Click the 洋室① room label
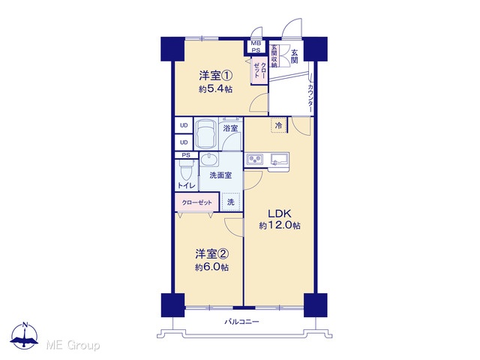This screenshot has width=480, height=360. pyautogui.click(x=216, y=76)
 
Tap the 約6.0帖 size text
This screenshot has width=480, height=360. pyautogui.click(x=212, y=267)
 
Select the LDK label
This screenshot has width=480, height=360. pyautogui.click(x=279, y=213)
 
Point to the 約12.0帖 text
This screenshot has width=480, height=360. pyautogui.click(x=280, y=226)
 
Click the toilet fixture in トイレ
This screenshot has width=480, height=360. pyautogui.click(x=186, y=170)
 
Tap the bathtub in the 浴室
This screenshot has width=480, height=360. pyautogui.click(x=205, y=133)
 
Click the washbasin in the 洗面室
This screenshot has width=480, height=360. pyautogui.click(x=209, y=160)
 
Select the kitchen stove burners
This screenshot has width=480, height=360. pyautogui.click(x=255, y=159)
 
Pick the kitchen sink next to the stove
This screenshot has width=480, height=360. pyautogui.click(x=279, y=160)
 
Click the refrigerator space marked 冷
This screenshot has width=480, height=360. pyautogui.click(x=278, y=125)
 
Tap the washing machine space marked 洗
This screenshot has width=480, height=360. pyautogui.click(x=231, y=202)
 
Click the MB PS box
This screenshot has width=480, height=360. pyautogui.click(x=256, y=46)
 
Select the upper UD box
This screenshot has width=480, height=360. pyautogui.click(x=184, y=125)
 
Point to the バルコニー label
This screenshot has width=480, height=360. pyautogui.click(x=241, y=322)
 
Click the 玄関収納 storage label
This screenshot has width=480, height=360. pyautogui.click(x=274, y=56)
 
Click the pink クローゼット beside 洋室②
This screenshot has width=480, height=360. pyautogui.click(x=197, y=202)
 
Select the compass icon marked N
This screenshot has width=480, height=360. pyautogui.click(x=25, y=335)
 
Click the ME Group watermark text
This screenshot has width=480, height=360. pyautogui.click(x=73, y=346)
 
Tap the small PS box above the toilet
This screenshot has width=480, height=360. pyautogui.click(x=186, y=155)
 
